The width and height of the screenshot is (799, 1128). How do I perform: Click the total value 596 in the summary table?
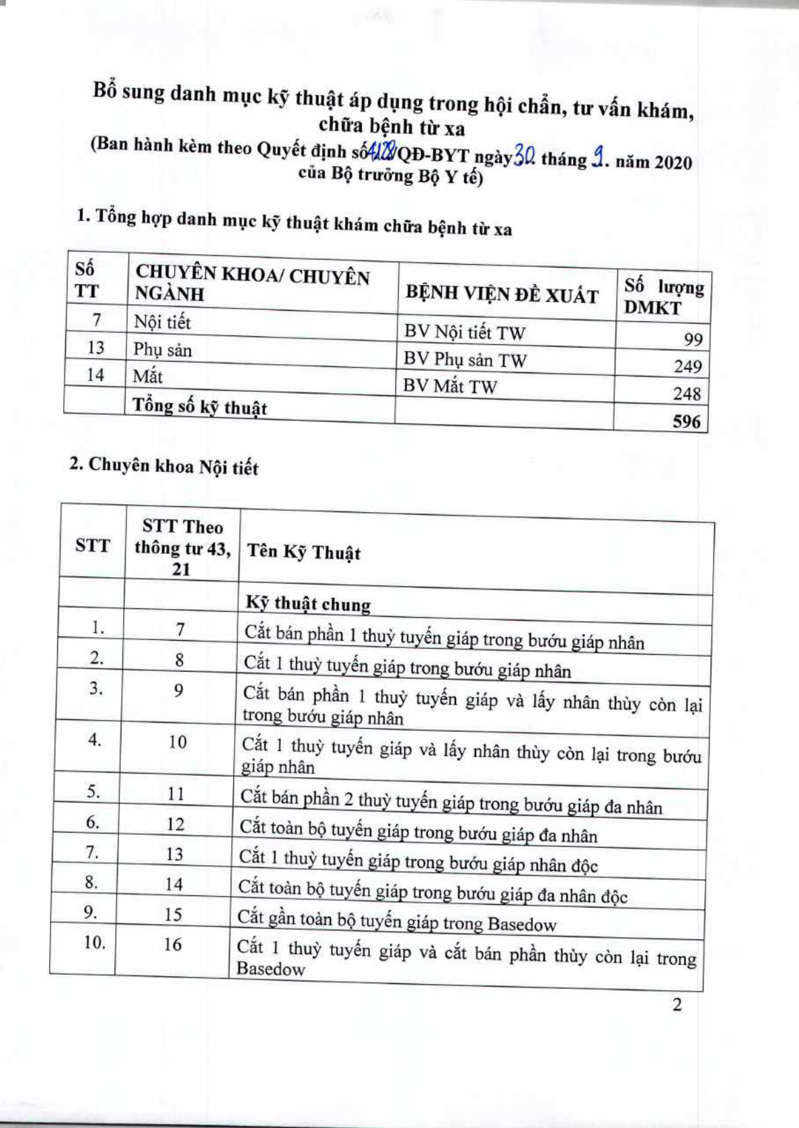(x=686, y=421)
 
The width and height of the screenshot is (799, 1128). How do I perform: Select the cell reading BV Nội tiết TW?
(x=464, y=332)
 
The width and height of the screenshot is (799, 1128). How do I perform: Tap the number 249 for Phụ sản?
(x=687, y=366)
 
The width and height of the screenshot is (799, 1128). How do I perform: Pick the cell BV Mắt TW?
(x=450, y=387)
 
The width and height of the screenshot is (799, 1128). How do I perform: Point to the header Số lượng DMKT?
(x=663, y=296)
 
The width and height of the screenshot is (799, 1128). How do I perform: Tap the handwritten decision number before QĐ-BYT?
(x=381, y=153)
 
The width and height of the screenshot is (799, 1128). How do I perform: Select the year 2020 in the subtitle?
(x=673, y=163)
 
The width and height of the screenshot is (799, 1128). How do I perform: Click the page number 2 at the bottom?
(x=677, y=1004)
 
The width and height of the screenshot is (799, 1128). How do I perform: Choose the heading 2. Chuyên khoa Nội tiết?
(x=163, y=466)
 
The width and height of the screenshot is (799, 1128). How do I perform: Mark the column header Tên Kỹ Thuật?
(x=303, y=553)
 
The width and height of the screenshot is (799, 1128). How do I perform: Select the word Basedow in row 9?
(x=521, y=924)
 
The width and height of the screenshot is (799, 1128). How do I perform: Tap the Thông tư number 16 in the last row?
(x=172, y=944)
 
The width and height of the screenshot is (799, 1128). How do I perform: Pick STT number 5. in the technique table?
(x=93, y=792)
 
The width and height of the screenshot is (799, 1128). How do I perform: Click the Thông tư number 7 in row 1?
(x=180, y=630)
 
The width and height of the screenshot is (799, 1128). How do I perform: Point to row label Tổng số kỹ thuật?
(x=199, y=407)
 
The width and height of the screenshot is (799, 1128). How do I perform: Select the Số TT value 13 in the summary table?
(x=96, y=348)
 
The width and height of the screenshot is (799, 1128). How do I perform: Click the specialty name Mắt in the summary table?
(x=147, y=376)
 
